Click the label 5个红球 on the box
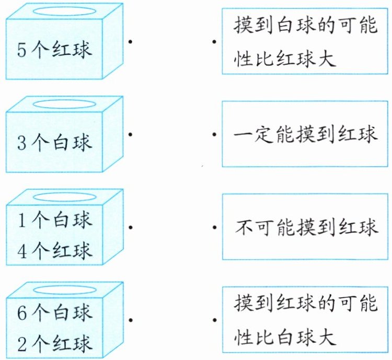(55, 50)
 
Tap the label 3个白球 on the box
(55, 143)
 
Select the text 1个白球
(55, 220)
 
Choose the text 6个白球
(55, 312)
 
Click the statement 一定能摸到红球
(306, 135)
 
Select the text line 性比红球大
(284, 57)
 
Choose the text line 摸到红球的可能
(306, 304)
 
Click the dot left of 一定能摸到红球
(214, 134)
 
